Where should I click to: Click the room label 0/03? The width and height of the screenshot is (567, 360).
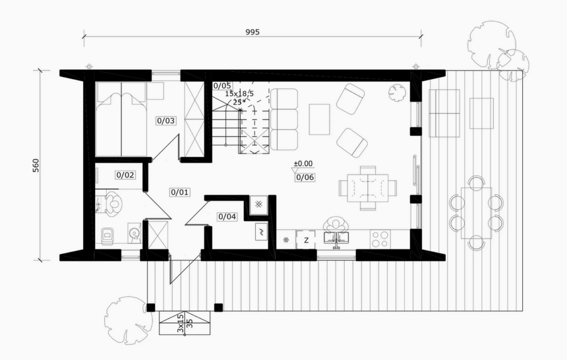point(166,121)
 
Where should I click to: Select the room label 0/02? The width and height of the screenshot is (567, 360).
point(125,175)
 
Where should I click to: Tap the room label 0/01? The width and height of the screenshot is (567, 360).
point(180,192)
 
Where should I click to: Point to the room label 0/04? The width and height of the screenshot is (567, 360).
point(227,217)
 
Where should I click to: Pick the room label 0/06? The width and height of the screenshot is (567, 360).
point(305,177)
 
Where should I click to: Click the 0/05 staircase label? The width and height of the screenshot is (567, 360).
point(222,86)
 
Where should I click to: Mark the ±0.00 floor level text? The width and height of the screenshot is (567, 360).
point(303,163)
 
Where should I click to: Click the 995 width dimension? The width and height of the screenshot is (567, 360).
point(252,32)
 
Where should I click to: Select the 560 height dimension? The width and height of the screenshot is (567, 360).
point(35,166)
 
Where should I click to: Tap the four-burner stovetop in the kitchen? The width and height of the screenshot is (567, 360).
point(380,239)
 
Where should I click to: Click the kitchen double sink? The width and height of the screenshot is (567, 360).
point(336,238)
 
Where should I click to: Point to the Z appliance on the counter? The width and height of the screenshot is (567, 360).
point(306,240)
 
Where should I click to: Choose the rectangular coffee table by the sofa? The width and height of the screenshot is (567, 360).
point(319,120)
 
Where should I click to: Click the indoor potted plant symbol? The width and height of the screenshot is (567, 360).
point(397,92)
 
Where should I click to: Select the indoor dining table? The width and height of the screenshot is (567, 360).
point(368,188)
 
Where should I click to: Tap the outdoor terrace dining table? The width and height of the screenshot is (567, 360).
point(476,213)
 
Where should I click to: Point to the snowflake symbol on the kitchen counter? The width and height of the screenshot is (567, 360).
point(286,239)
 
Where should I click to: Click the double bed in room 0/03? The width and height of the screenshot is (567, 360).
point(121,119)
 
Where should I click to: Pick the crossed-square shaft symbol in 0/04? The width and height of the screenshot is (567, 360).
point(259,204)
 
